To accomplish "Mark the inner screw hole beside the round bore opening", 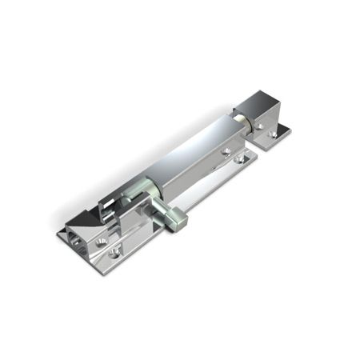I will (x=100, y=241).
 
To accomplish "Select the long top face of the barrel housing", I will (x=192, y=144).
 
